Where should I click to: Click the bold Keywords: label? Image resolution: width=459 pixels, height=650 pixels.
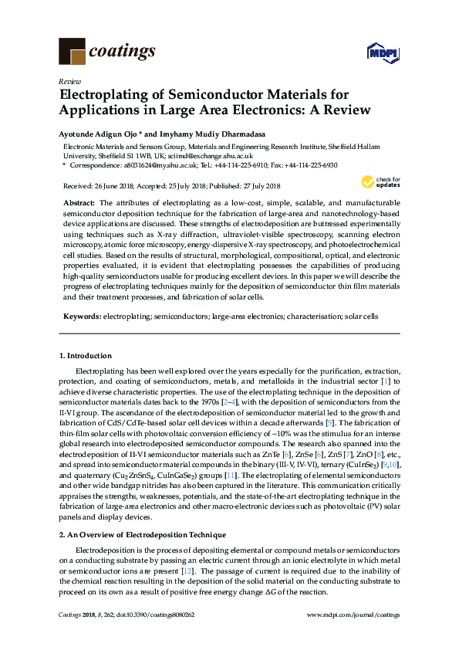tap(82, 316)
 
